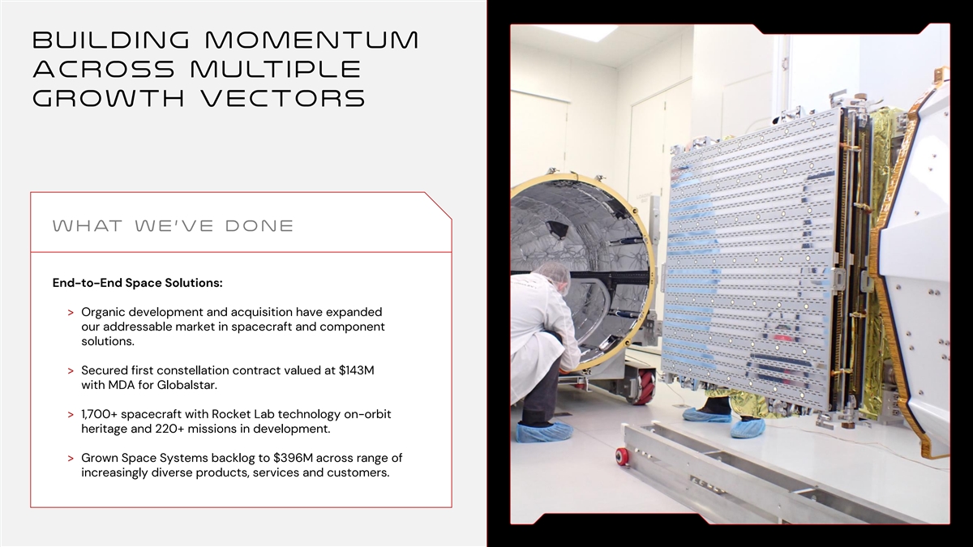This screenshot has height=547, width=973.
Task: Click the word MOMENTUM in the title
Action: [311, 40]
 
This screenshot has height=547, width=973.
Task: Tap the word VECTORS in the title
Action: [284, 98]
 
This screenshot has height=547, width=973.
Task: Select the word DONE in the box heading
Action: [259, 226]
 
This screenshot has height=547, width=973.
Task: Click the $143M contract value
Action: [356, 370]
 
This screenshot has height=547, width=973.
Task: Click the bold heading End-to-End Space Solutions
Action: [137, 283]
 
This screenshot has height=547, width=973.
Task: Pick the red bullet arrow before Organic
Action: [71, 313]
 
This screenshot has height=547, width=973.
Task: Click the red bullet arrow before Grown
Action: [71, 459]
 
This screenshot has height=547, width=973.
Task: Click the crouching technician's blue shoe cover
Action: [545, 431]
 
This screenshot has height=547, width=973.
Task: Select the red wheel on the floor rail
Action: [623, 457]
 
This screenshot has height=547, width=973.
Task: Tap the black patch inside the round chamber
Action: [555, 229]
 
